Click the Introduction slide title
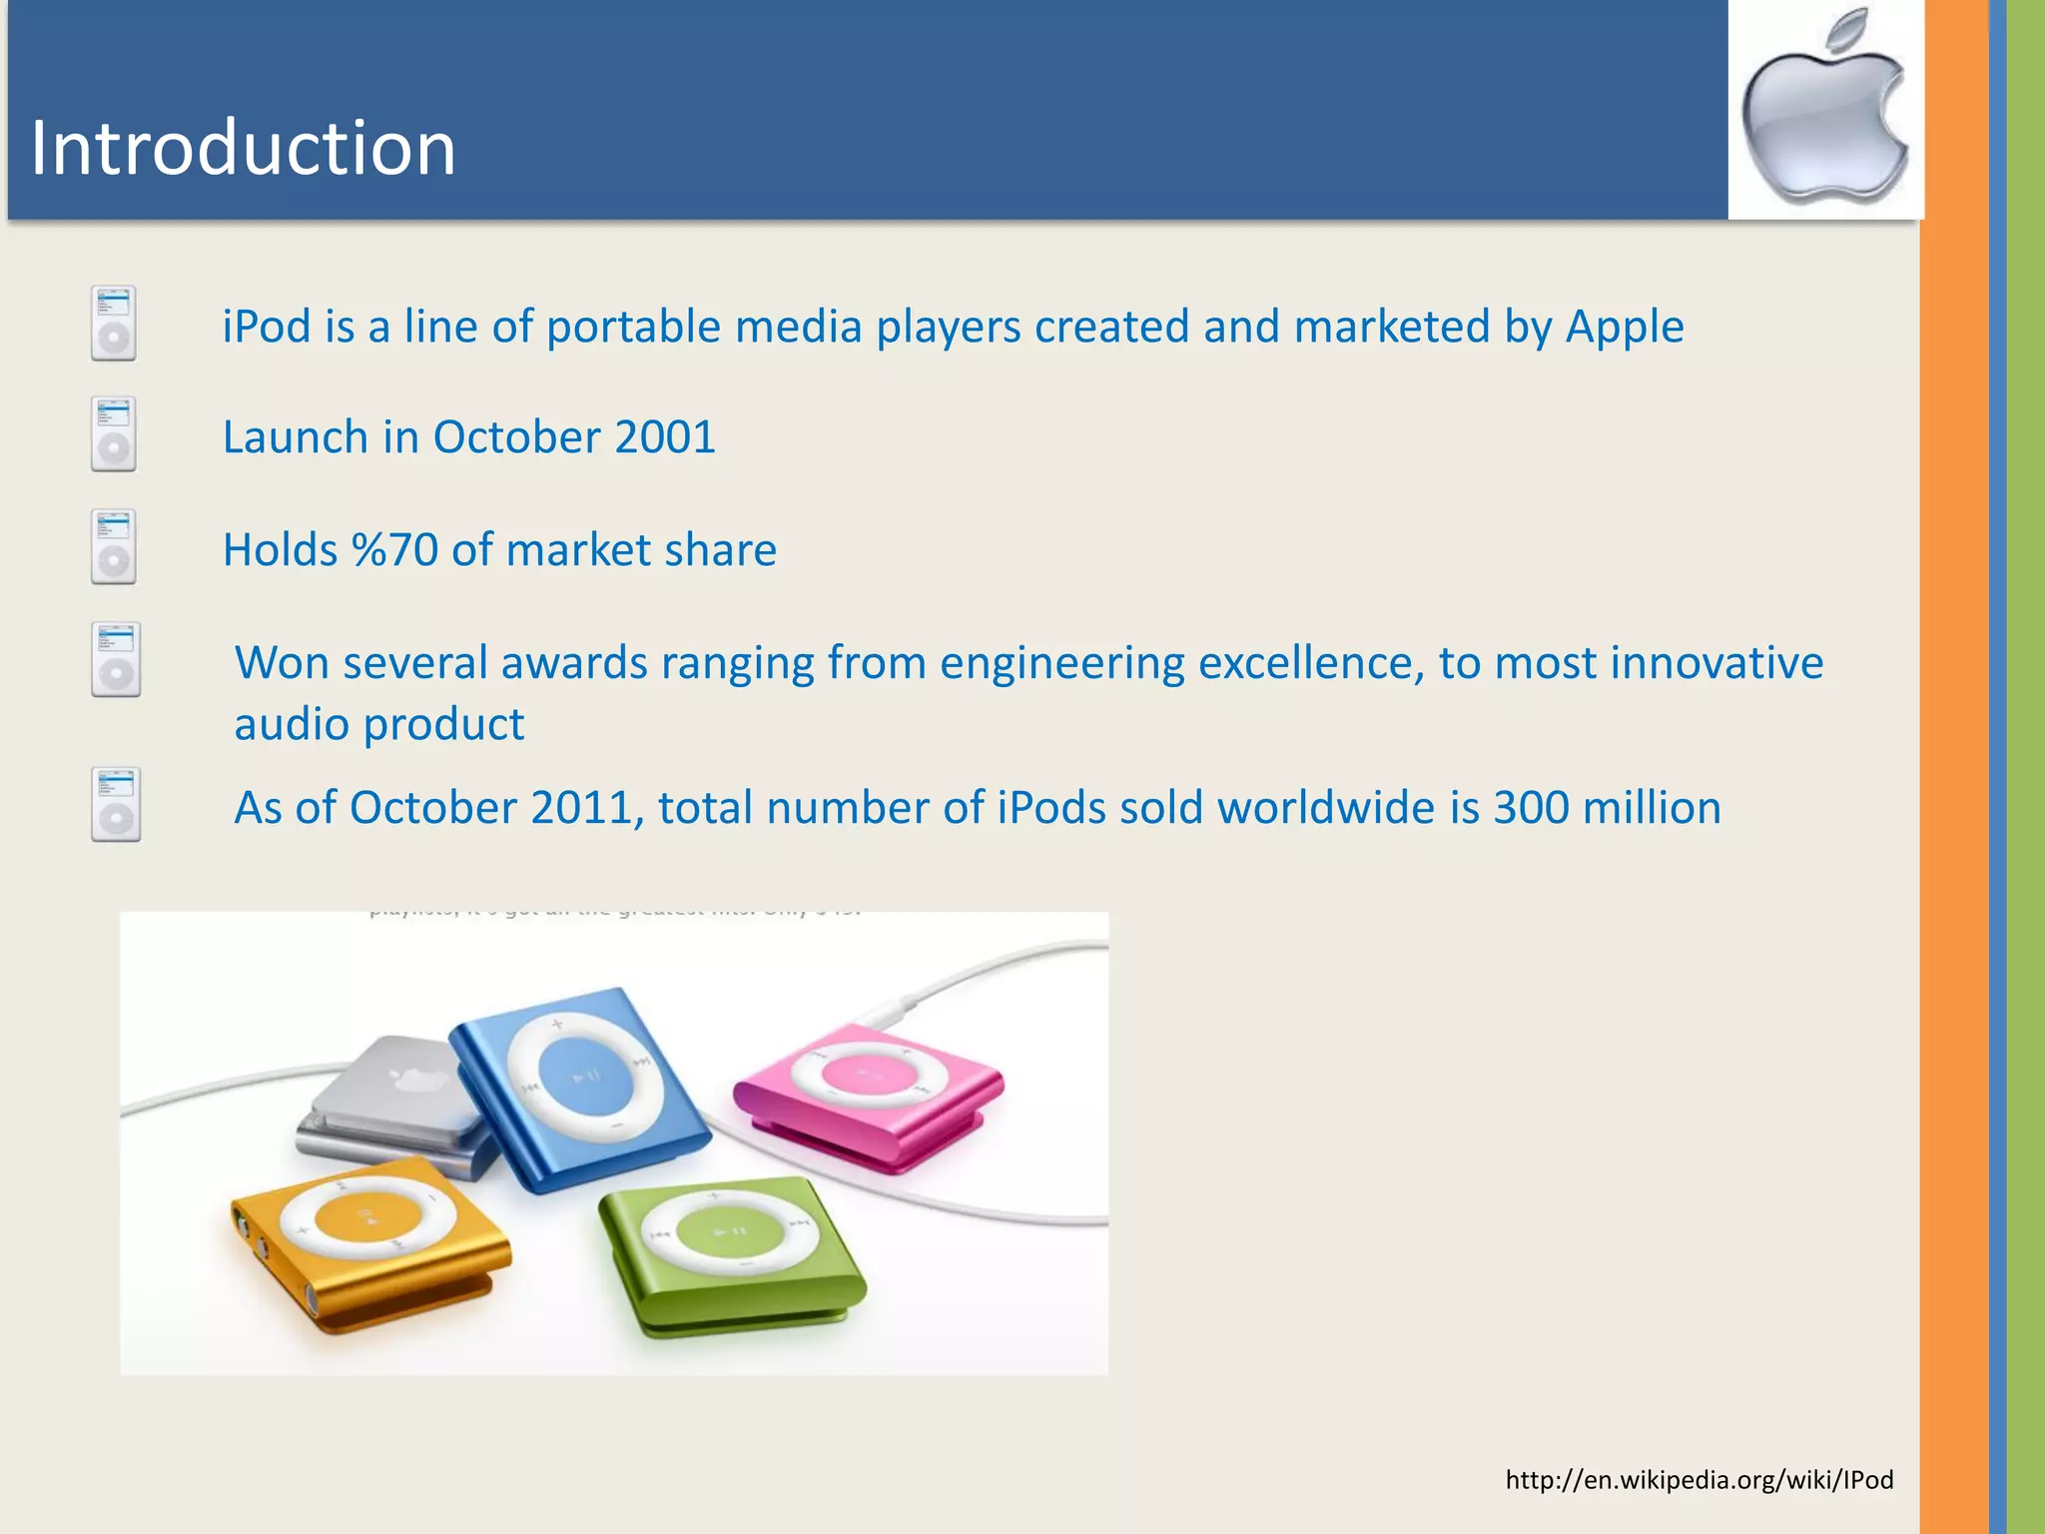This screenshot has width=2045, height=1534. coord(243,148)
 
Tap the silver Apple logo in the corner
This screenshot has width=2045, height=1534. coord(1824,110)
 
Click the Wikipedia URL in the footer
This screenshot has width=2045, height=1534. coord(1699,1479)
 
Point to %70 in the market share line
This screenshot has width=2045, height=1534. coord(394,550)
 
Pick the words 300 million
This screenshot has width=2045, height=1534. coord(1606,808)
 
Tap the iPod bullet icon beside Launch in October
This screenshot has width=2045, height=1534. coord(114,434)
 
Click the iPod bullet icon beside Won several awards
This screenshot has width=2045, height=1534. coord(116,659)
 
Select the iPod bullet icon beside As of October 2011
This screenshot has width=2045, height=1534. coord(116,804)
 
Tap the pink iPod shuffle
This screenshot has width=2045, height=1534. coord(869,1094)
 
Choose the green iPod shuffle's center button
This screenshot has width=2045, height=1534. coord(727,1231)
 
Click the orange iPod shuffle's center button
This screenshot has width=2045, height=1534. coord(366,1217)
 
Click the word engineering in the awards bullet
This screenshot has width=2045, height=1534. coord(1060,663)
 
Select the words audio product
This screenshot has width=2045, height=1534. coord(378,724)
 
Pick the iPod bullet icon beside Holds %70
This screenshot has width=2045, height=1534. coord(114,547)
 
